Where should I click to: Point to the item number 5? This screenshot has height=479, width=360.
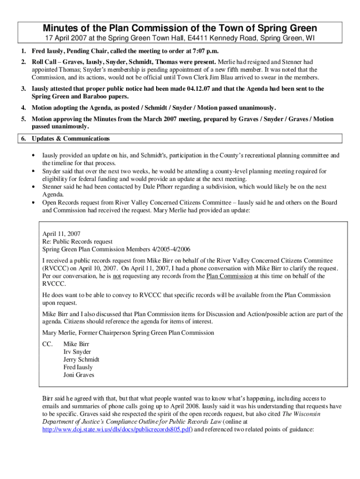23,119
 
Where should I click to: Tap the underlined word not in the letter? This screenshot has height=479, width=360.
117,276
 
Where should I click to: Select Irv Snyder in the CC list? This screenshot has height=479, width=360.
77,352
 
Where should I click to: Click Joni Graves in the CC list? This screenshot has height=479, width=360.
79,375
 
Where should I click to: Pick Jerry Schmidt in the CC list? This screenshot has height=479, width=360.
81,359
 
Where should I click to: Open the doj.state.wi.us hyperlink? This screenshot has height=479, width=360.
117,429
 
